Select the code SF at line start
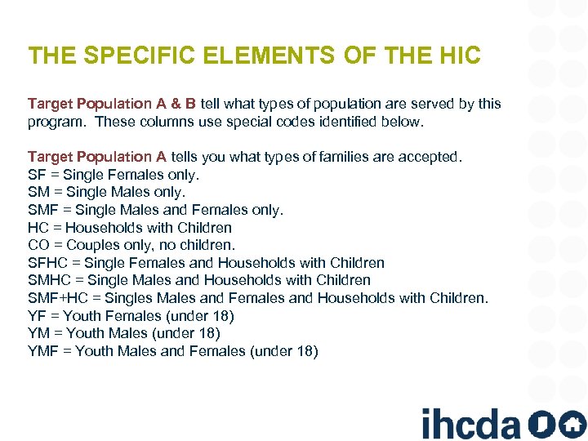pos(36,174)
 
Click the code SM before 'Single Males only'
pos(38,192)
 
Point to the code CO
pos(38,245)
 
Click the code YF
pos(36,316)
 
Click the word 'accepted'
pos(432,156)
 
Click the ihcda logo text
pos(470,424)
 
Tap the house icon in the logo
pos(572,424)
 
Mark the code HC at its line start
pos(38,227)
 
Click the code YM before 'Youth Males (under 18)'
pos(38,333)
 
